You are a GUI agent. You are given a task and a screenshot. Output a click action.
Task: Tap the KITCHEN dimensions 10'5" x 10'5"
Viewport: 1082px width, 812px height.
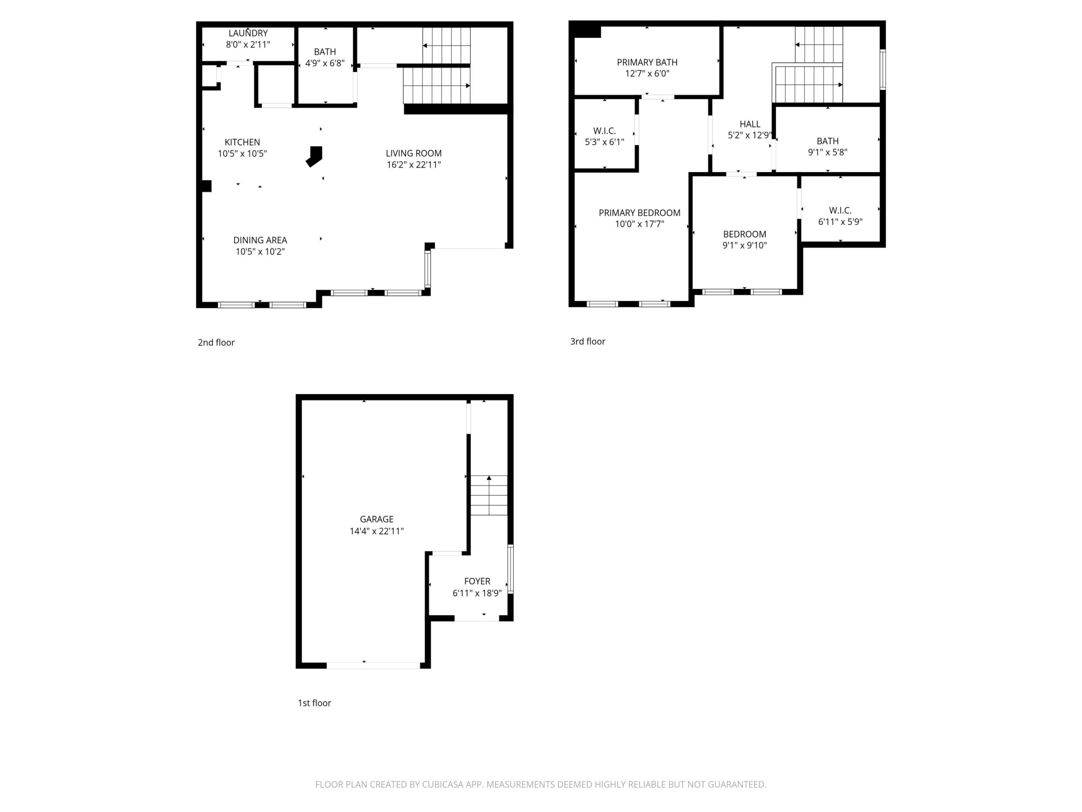coord(242,154)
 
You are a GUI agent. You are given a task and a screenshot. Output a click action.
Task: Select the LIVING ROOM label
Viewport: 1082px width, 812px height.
coord(413,153)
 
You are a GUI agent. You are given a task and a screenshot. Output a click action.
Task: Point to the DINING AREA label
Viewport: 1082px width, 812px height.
coord(260,240)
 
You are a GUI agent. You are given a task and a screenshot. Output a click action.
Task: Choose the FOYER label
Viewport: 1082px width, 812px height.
coord(477,581)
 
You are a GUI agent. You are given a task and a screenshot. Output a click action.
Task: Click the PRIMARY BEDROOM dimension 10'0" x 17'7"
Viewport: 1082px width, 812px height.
coord(639,224)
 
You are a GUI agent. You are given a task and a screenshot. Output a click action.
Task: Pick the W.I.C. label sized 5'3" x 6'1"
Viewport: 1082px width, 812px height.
coord(604,131)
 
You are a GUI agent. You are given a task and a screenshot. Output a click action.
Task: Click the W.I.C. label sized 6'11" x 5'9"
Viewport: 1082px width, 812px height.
coord(840,211)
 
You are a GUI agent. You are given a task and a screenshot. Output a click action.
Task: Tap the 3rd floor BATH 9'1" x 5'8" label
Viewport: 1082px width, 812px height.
coord(827,141)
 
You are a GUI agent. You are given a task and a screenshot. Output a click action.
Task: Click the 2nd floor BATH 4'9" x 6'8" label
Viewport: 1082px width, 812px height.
coord(325,52)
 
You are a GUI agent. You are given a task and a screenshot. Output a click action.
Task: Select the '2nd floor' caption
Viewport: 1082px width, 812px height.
coord(216,342)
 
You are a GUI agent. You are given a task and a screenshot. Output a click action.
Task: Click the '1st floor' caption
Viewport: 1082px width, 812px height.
coord(314,703)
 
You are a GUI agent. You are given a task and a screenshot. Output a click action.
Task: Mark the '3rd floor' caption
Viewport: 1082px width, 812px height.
coord(588,342)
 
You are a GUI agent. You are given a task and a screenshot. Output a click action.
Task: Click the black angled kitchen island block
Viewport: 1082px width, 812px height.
coord(314,156)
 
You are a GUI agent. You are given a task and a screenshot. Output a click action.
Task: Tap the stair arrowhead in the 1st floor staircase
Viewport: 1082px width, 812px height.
coord(489,478)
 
